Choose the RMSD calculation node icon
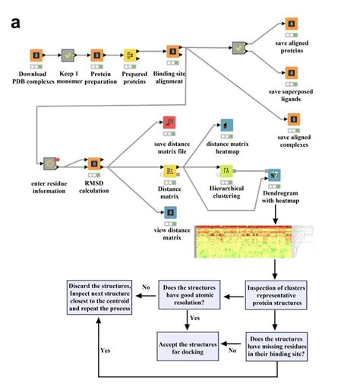click(x=95, y=163)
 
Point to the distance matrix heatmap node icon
click(x=226, y=124)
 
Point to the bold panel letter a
click(x=16, y=22)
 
